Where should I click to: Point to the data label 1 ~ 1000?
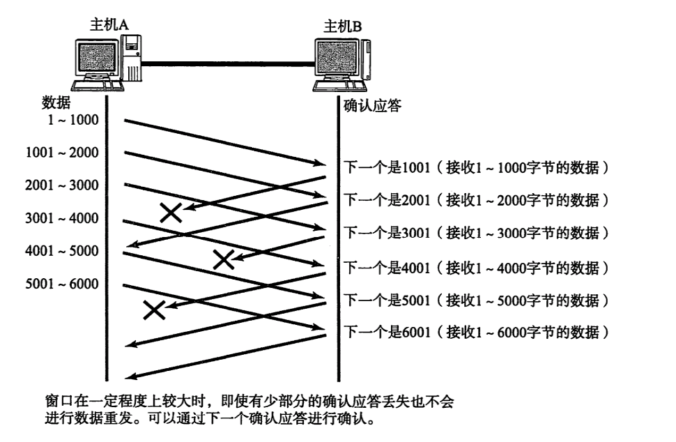(73, 119)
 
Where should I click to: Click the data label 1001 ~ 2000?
(62, 152)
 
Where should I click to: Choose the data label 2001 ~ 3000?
(62, 185)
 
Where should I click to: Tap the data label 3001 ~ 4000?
(62, 218)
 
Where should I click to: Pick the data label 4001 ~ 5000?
(62, 251)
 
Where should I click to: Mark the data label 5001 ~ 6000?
(62, 284)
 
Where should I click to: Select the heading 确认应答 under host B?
(373, 107)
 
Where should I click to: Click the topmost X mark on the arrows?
(171, 212)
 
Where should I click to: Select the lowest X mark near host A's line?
(154, 310)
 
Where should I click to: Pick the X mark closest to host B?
(223, 259)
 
